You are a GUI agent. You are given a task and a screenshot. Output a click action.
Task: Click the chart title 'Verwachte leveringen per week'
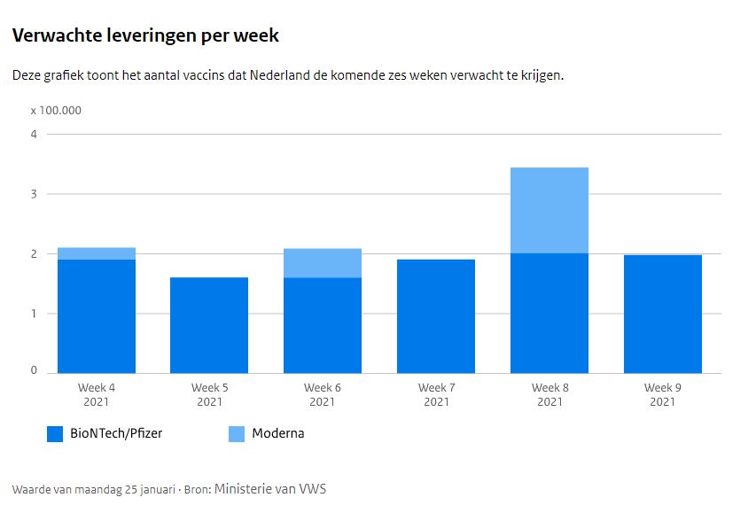145,36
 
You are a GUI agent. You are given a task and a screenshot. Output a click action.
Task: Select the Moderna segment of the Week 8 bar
549,210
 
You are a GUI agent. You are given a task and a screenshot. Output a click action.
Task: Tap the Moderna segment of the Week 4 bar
97,253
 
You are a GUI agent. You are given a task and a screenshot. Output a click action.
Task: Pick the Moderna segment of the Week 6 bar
323,263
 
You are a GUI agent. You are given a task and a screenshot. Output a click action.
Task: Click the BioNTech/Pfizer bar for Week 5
209,325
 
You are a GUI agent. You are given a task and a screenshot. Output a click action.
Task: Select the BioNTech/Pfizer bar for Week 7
436,316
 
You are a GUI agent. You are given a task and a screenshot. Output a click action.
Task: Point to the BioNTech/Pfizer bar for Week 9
662,314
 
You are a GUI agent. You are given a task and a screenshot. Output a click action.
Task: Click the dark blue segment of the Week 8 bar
549,313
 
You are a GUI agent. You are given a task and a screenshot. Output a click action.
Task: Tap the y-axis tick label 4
34,135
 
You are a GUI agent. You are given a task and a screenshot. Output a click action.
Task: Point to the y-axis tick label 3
34,194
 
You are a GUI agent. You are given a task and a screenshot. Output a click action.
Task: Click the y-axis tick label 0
34,370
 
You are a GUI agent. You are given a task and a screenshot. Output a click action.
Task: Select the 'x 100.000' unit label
56,111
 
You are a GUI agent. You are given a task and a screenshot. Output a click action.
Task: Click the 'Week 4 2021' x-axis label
97,394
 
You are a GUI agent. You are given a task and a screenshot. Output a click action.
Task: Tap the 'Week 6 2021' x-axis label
323,394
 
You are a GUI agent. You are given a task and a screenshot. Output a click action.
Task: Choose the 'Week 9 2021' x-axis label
662,394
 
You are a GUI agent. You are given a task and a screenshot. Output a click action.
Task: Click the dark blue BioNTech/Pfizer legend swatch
54,434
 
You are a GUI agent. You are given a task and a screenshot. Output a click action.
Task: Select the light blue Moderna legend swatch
237,434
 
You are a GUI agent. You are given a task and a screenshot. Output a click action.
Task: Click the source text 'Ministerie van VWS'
270,488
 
